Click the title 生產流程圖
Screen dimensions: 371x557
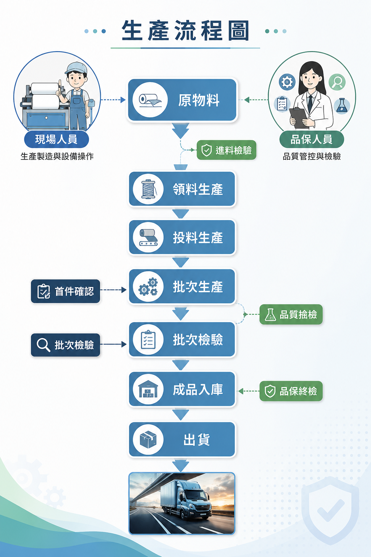[x=185, y=31]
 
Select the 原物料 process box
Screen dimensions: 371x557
[x=182, y=100]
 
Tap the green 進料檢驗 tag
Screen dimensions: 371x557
[x=226, y=150]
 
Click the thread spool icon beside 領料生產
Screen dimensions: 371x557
[x=148, y=189]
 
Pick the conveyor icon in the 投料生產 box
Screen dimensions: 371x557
[x=148, y=237]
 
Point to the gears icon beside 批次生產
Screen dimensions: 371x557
[x=148, y=286]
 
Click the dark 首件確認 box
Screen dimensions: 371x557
[x=65, y=291]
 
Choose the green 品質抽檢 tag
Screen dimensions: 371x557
[x=291, y=314]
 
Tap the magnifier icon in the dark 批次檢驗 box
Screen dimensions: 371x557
[x=43, y=345]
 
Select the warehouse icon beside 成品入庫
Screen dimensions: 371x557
[x=148, y=389]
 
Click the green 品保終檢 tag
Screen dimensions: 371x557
[x=291, y=391]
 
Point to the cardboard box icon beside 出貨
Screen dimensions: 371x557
[x=148, y=440]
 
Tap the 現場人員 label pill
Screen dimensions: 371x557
[x=57, y=139]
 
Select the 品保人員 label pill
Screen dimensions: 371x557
[x=312, y=139]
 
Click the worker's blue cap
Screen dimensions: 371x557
[x=76, y=68]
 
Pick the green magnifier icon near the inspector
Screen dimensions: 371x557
[x=337, y=82]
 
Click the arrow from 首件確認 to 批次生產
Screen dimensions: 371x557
[x=113, y=290]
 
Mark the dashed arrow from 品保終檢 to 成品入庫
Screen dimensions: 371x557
[x=249, y=391]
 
